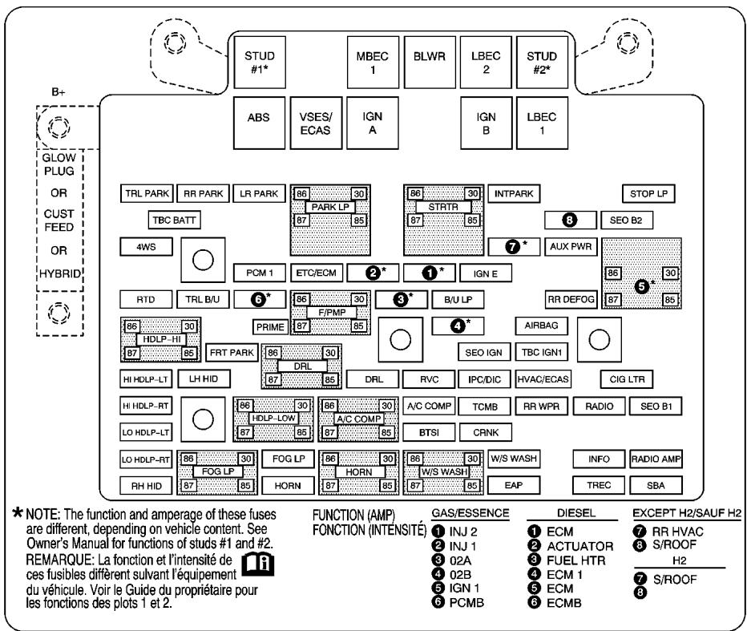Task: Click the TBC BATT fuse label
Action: pos(172,219)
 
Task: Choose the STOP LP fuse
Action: pos(648,193)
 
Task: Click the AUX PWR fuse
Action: pos(569,246)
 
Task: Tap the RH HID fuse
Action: pos(146,484)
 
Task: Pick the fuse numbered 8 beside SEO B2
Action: pos(569,219)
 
